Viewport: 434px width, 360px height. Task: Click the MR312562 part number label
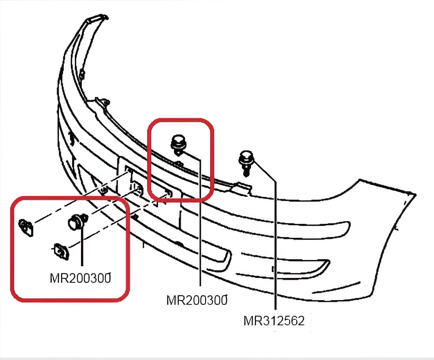pos(274,321)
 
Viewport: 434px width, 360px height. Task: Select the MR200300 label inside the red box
pos(80,278)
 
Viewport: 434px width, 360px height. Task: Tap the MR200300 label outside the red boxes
pos(197,300)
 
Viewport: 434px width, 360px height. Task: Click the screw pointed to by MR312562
pos(246,161)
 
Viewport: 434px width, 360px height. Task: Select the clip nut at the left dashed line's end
pos(26,227)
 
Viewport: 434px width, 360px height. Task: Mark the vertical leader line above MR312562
pos(274,244)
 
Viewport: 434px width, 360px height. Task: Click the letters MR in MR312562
pos(252,321)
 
